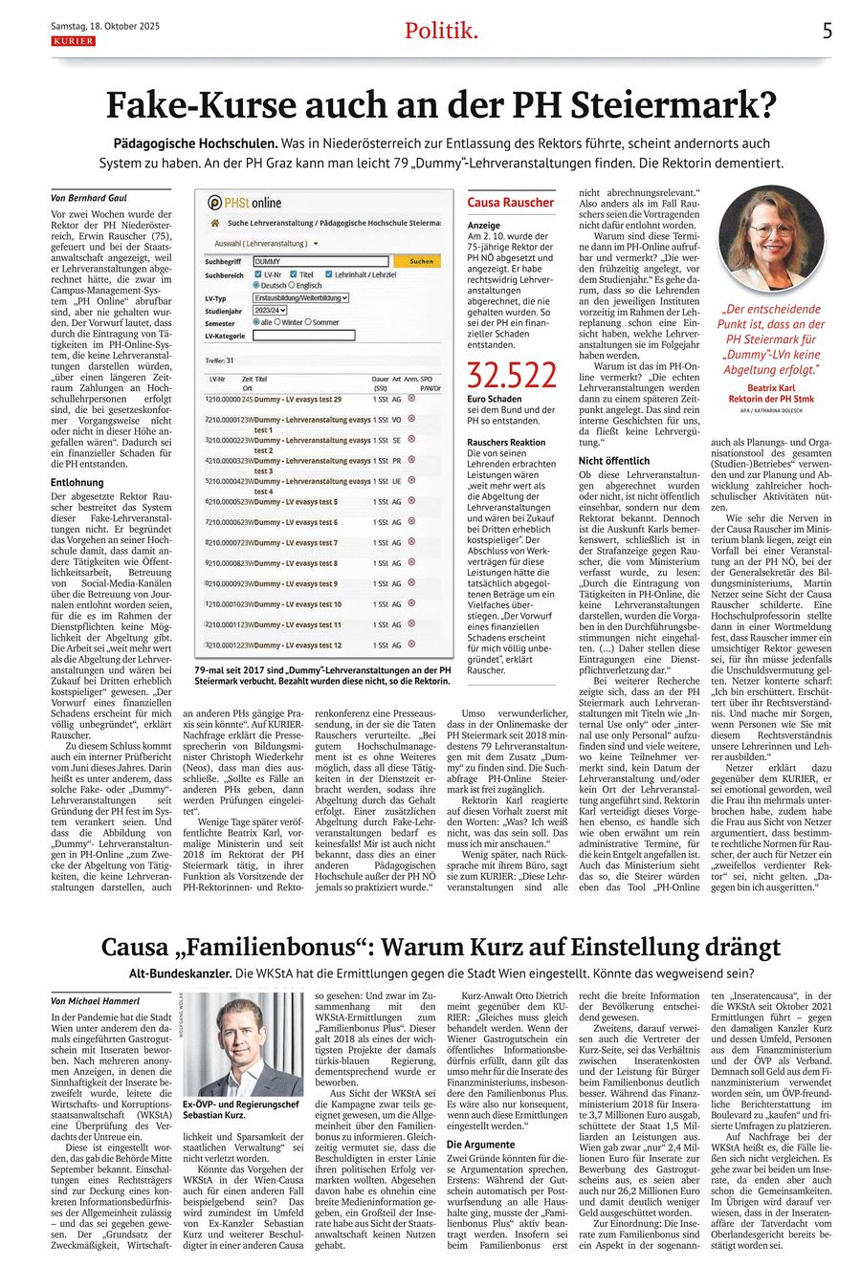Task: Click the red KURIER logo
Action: [x=73, y=41]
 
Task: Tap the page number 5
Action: [x=828, y=31]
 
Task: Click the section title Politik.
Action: [x=440, y=31]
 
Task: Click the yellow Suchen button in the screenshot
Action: [x=421, y=261]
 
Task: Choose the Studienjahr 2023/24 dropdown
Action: [x=271, y=311]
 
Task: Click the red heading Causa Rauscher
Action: [x=510, y=203]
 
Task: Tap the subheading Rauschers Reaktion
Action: [x=506, y=443]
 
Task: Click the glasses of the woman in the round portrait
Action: [x=771, y=230]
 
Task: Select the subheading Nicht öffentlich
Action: [x=614, y=461]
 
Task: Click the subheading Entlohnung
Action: [x=77, y=483]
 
